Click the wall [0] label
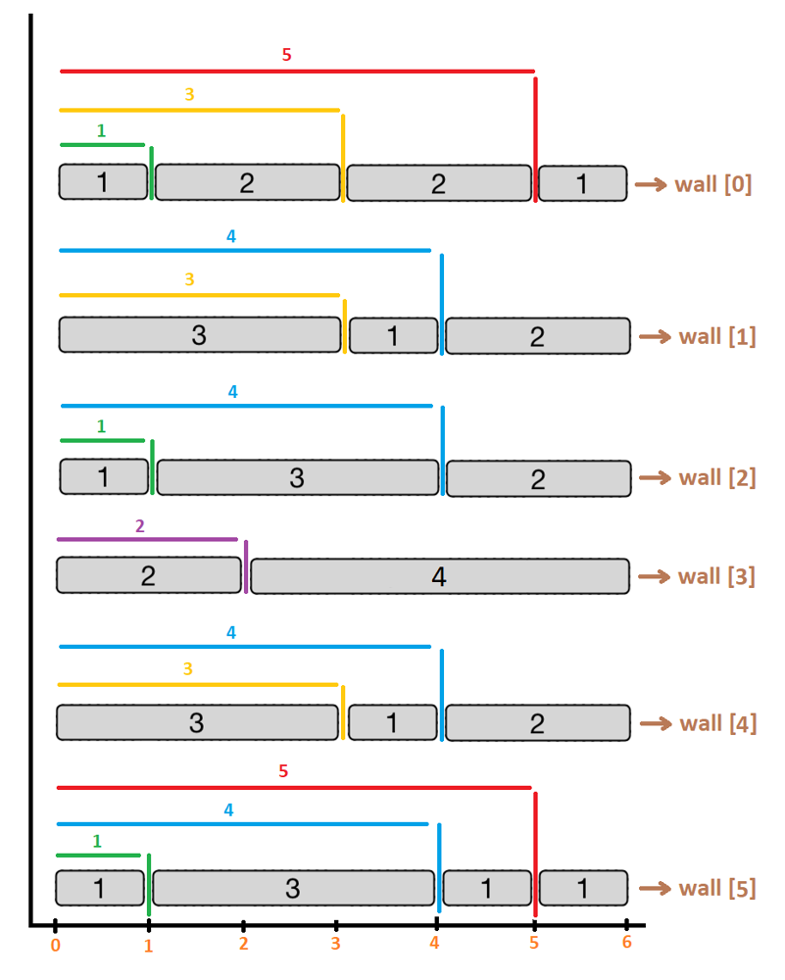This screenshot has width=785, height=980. tap(712, 183)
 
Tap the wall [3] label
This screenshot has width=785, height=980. tap(716, 575)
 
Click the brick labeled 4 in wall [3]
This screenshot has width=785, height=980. tap(439, 576)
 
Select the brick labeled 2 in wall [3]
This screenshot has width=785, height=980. tap(148, 575)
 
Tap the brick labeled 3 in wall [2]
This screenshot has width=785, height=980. tap(297, 477)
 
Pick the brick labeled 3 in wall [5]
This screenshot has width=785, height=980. tap(292, 888)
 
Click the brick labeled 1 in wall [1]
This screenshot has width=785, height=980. tap(393, 335)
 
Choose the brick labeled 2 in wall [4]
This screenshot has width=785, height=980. tap(537, 723)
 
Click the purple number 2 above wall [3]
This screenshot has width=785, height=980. tap(140, 525)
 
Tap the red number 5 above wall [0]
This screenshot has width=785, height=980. tap(286, 55)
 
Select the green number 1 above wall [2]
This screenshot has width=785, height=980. tap(101, 426)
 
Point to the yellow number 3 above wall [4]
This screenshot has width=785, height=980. tap(189, 669)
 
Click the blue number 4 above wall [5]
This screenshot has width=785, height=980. tap(228, 809)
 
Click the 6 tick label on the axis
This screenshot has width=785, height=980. tap(626, 943)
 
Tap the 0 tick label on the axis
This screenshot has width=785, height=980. tap(55, 945)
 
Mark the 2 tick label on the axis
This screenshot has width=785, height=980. tap(243, 945)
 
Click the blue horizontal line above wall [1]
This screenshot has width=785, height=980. tap(245, 251)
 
